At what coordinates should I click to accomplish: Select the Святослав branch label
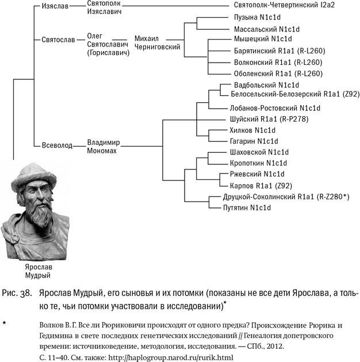pyautogui.click(x=58, y=41)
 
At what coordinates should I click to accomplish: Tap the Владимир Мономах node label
pyautogui.click(x=105, y=145)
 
